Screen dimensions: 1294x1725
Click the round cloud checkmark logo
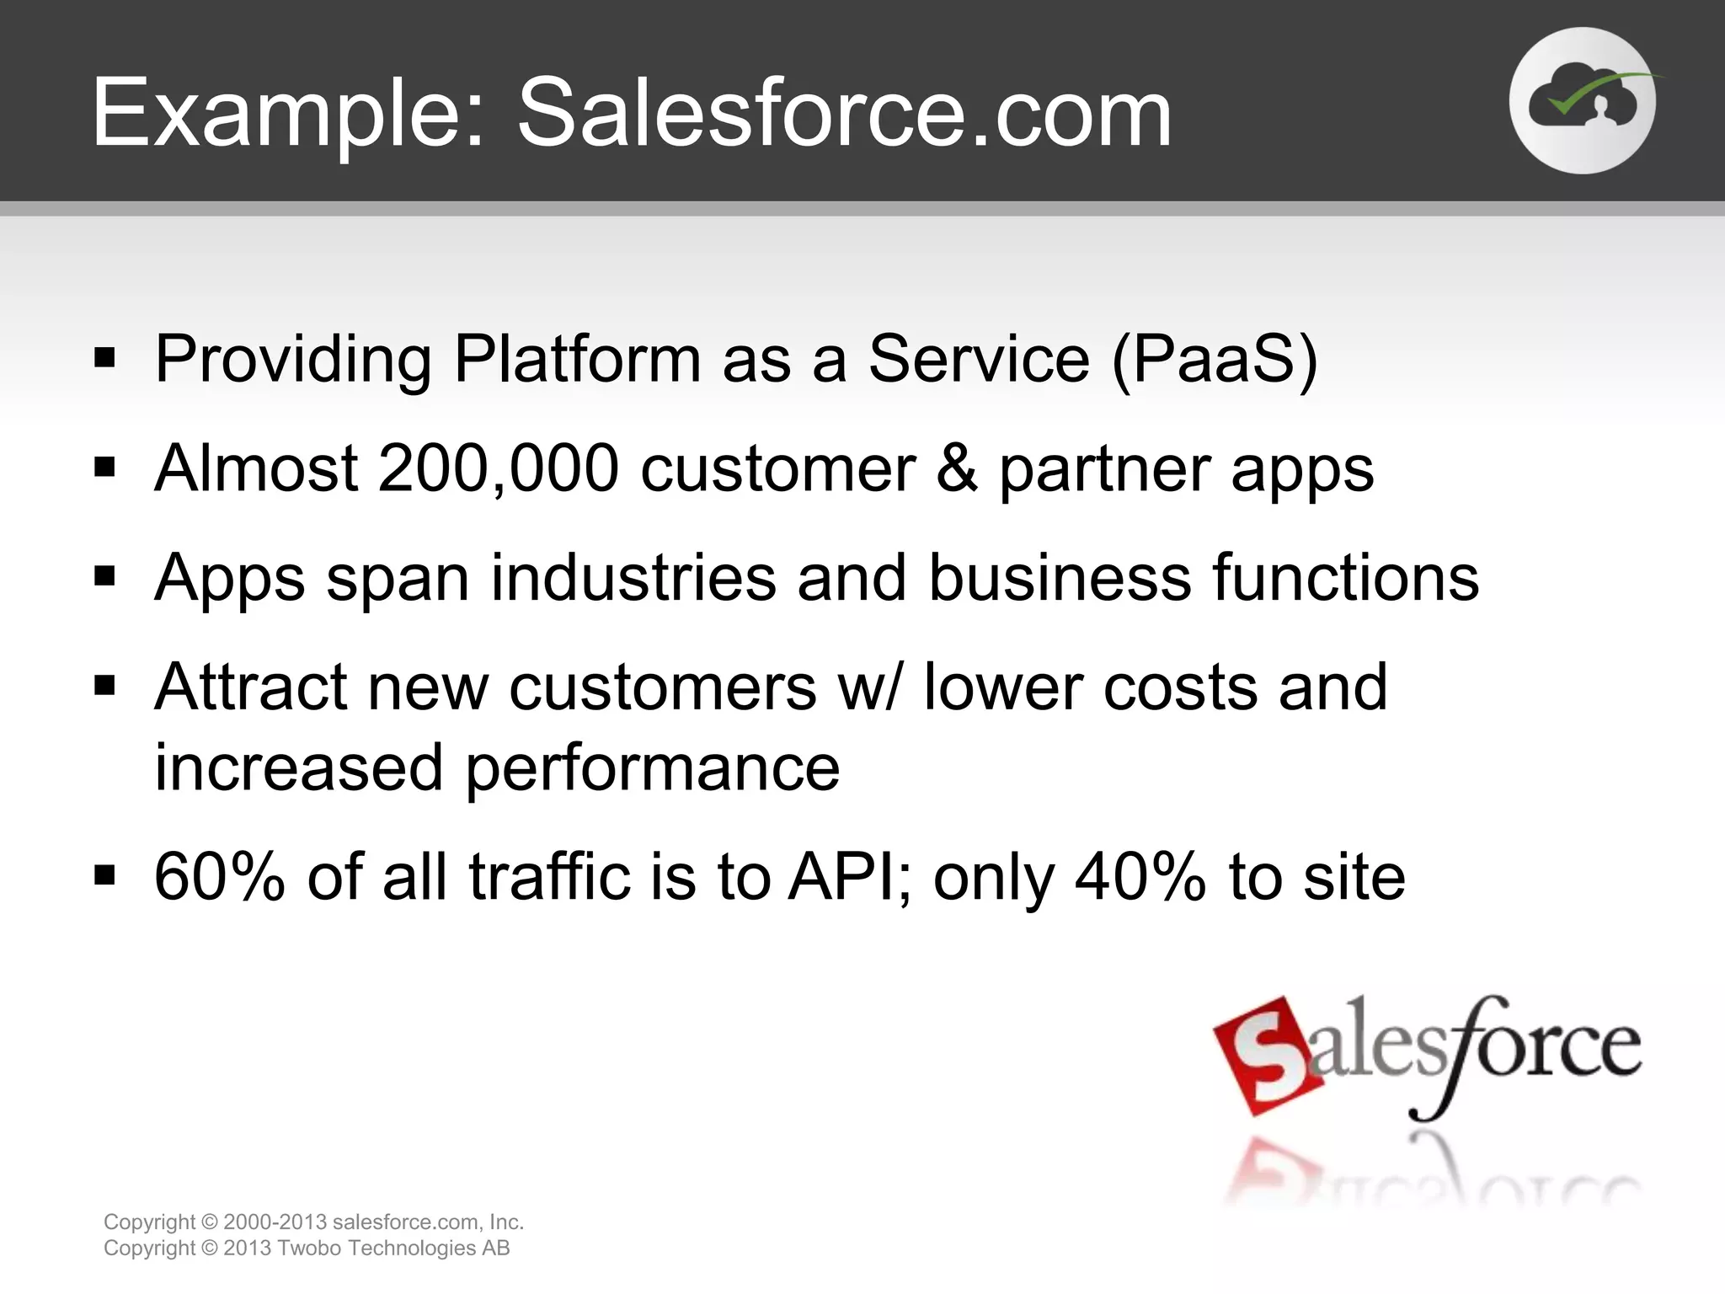(1582, 101)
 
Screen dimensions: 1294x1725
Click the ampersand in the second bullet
(956, 468)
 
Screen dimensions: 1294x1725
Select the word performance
(652, 768)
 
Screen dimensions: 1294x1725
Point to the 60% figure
(220, 877)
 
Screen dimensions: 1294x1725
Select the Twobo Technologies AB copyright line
(307, 1249)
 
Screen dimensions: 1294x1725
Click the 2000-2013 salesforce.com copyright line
(313, 1222)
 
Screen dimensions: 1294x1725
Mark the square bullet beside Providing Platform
(104, 359)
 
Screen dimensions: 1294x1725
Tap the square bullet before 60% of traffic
(104, 876)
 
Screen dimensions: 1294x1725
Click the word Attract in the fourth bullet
(251, 687)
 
